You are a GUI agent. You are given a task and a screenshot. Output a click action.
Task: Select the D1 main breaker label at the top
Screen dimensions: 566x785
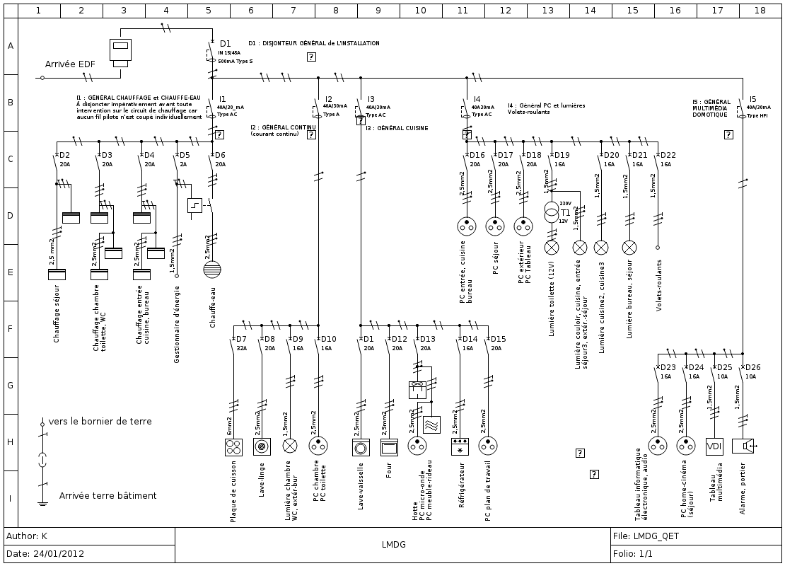pyautogui.click(x=225, y=44)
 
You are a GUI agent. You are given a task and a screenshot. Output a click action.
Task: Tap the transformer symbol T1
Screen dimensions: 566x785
pyautogui.click(x=552, y=212)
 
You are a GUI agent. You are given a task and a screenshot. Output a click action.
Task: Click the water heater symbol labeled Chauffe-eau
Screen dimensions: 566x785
pyautogui.click(x=212, y=268)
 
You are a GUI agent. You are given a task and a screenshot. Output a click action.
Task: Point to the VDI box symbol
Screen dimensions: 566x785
pyautogui.click(x=714, y=446)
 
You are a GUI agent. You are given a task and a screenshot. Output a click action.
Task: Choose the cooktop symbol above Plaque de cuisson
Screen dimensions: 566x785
pyautogui.click(x=233, y=446)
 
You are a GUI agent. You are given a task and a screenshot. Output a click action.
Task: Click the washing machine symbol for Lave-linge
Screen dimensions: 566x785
pyautogui.click(x=262, y=446)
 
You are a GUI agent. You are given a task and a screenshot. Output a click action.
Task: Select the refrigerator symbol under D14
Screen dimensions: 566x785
pyautogui.click(x=460, y=446)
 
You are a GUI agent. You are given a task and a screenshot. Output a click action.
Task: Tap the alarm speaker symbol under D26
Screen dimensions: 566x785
pyautogui.click(x=743, y=446)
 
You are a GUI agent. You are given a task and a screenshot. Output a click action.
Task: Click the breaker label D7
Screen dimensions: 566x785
pyautogui.click(x=240, y=339)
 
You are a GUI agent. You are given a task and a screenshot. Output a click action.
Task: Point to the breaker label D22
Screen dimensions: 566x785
pyautogui.click(x=668, y=155)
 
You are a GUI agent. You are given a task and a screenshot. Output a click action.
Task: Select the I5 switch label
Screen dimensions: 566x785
pyautogui.click(x=752, y=100)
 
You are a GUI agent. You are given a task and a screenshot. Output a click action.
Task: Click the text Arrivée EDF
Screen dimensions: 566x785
pyautogui.click(x=70, y=64)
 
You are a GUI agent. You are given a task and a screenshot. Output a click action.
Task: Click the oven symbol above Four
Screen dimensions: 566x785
pyautogui.click(x=389, y=446)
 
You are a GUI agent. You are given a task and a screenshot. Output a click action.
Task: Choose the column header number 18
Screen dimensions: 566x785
pyautogui.click(x=760, y=11)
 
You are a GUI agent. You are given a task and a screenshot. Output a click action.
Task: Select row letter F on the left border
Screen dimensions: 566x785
pyautogui.click(x=10, y=329)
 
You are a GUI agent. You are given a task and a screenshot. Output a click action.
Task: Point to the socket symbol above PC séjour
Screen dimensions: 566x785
pyautogui.click(x=495, y=226)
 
